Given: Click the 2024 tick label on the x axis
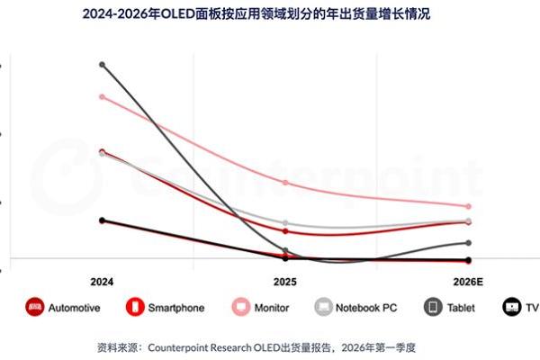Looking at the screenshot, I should point(102,281).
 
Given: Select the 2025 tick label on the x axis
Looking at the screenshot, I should point(284,281).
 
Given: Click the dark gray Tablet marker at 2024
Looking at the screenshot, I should point(102,65).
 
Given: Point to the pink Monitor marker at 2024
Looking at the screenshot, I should point(102,96).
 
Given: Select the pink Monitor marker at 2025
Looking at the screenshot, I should point(285,183).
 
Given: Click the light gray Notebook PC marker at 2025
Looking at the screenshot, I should point(285,223).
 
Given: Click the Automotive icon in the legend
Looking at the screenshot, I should point(35,307).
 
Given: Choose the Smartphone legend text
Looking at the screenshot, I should point(175,308).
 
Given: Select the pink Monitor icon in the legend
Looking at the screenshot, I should point(240,307).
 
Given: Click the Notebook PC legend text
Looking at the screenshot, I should point(366,308).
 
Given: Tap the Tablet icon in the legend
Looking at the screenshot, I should point(433,307).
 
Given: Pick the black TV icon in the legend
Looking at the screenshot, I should point(512,307).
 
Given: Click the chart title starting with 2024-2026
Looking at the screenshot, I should point(269,13).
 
